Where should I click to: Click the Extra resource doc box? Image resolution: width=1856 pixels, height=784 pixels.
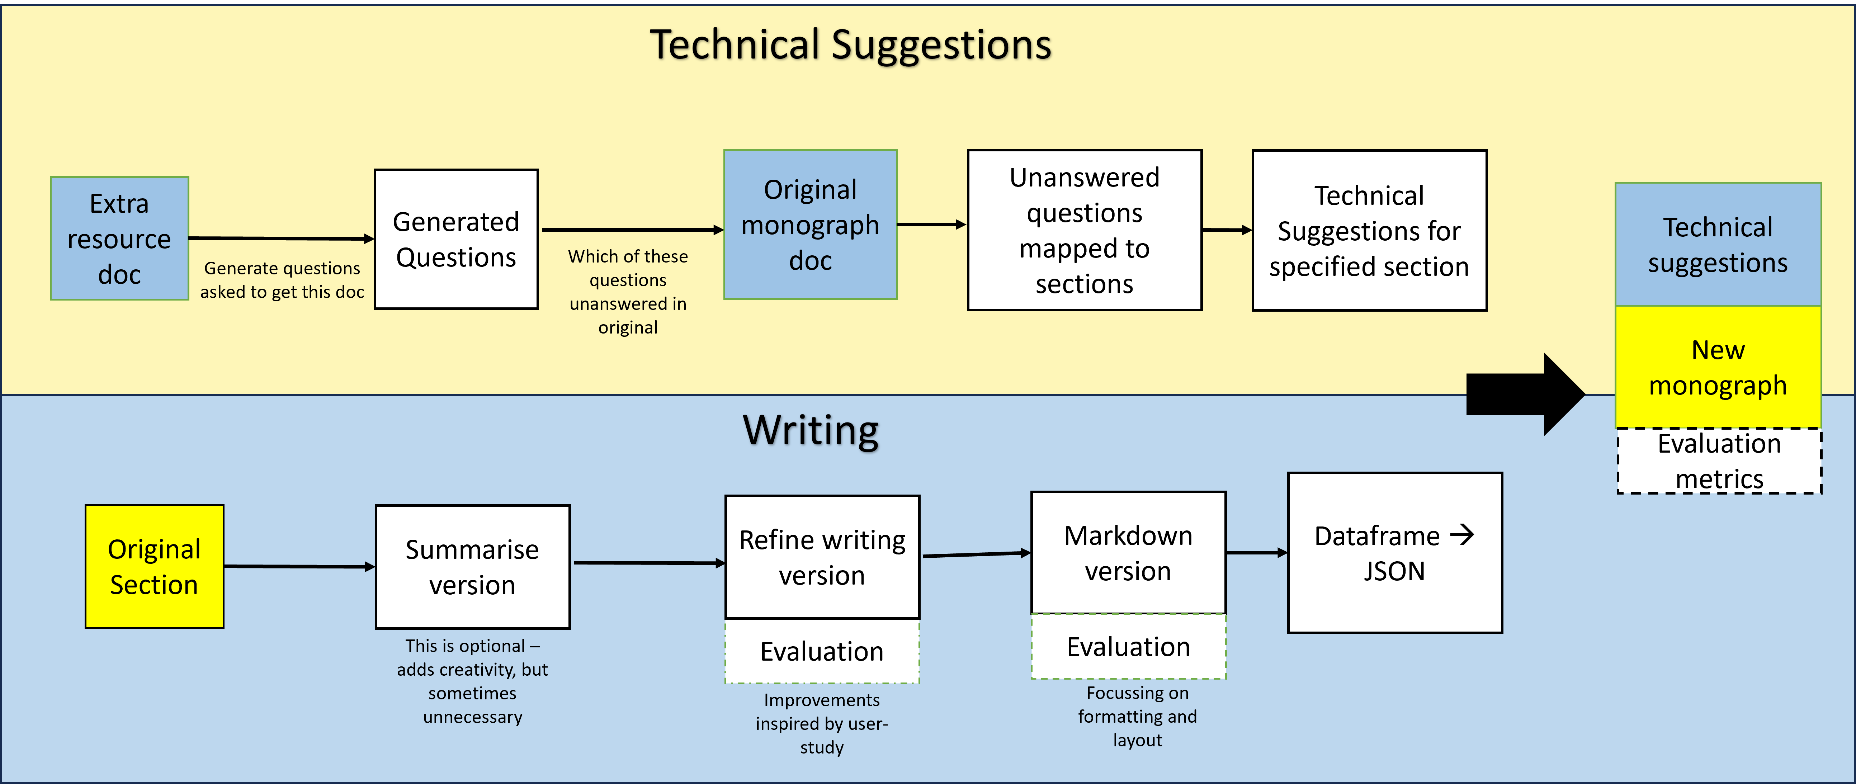click(119, 238)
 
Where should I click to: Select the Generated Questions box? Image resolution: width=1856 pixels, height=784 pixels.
click(456, 239)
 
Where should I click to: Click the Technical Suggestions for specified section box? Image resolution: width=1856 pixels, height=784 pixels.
click(1369, 231)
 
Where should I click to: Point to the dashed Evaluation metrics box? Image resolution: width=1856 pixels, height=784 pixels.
click(1719, 461)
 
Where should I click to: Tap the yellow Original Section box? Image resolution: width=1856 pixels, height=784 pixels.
click(154, 566)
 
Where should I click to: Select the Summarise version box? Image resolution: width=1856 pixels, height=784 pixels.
click(473, 567)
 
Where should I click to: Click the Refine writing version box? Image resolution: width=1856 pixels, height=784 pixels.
click(822, 557)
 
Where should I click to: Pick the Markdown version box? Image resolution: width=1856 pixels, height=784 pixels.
click(1128, 553)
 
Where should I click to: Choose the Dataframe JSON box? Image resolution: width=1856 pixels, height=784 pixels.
click(1395, 553)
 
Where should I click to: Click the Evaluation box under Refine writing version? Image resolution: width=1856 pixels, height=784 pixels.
click(822, 651)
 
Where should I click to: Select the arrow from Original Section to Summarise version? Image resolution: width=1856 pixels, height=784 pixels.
click(299, 566)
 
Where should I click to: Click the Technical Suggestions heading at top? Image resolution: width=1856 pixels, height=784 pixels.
click(850, 45)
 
